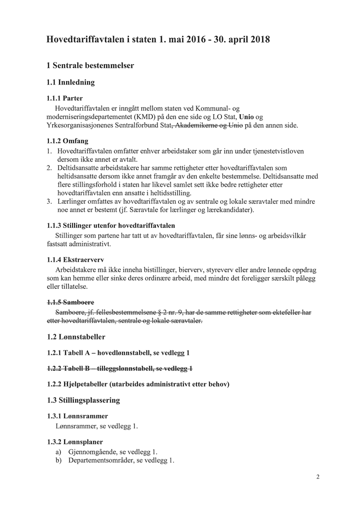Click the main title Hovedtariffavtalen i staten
158,40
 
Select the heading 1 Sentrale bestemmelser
90,66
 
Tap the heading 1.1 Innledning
70,82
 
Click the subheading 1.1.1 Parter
64,98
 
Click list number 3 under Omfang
49,201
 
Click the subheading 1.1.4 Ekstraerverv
75,260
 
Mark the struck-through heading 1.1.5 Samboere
70,302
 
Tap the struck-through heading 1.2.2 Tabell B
119,368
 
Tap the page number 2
317,477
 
